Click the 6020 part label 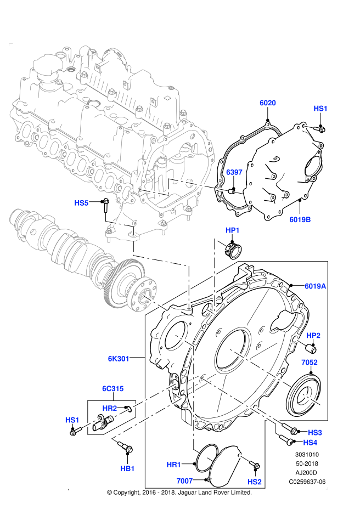[x=268, y=103]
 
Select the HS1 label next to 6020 [x=320, y=109]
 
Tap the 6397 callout [x=234, y=172]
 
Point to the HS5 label [x=81, y=203]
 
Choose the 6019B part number [x=300, y=220]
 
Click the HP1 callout [x=233, y=230]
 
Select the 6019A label [x=316, y=286]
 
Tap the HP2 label [x=313, y=336]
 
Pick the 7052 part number [x=310, y=363]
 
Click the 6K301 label [x=119, y=359]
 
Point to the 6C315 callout [x=113, y=389]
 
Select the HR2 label [x=110, y=409]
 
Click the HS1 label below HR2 [x=72, y=420]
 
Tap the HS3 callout [x=315, y=433]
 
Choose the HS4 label [x=310, y=443]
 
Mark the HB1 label [x=127, y=469]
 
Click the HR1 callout [x=174, y=465]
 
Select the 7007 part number [x=184, y=481]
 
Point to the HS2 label [x=255, y=482]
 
